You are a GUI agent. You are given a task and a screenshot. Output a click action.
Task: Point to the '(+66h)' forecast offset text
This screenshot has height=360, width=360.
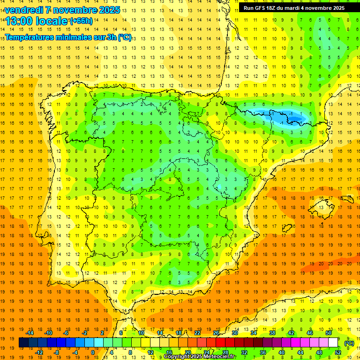pyautogui.click(x=81, y=21)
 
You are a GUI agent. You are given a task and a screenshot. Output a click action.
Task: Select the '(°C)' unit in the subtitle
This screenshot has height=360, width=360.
pyautogui.click(x=124, y=37)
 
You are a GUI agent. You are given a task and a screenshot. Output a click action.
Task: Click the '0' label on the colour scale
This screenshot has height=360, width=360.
pyautogui.click(x=93, y=352)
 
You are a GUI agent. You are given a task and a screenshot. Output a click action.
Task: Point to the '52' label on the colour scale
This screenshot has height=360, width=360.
pyautogui.click(x=338, y=352)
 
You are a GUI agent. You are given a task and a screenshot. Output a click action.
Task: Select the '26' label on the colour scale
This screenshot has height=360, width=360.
pyautogui.click(x=216, y=333)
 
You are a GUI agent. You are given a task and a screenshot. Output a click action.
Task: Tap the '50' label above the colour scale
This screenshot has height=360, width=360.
pyautogui.click(x=329, y=333)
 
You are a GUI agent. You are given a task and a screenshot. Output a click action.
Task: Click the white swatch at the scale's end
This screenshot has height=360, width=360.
pyautogui.click(x=333, y=343)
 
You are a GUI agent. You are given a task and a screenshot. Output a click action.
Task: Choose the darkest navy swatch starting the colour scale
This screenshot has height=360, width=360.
pyautogui.click(x=23, y=343)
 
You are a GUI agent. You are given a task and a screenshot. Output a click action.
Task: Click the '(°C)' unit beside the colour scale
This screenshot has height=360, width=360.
pyautogui.click(x=349, y=343)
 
